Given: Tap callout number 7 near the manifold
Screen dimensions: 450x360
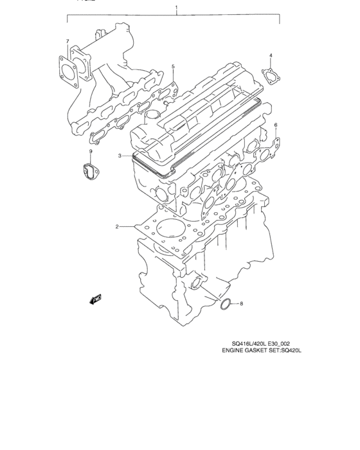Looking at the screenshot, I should (x=67, y=42).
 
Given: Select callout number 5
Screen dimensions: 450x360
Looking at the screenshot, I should (x=172, y=66).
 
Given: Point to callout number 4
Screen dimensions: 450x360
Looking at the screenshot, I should (x=271, y=55).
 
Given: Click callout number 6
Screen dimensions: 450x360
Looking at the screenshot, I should (x=276, y=125).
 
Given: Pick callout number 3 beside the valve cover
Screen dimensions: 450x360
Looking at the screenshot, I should (x=120, y=156).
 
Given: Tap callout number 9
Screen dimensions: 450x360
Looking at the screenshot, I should (x=90, y=152).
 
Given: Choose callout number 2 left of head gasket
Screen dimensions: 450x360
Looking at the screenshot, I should (x=117, y=226).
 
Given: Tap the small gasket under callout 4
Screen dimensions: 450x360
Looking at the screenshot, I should (x=270, y=75).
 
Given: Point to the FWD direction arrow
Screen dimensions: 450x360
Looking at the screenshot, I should (x=96, y=298).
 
